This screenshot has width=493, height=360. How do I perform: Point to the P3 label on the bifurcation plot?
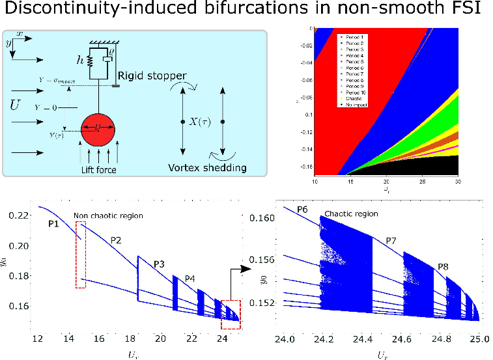161,264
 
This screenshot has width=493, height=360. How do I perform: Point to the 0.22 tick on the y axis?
21,215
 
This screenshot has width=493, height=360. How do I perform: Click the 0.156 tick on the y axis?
264,260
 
